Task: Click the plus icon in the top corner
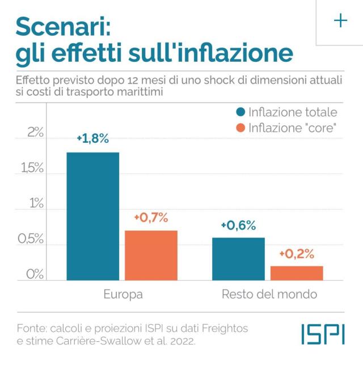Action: click(x=340, y=21)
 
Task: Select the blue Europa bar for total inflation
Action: click(x=92, y=216)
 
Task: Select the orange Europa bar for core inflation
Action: click(x=151, y=255)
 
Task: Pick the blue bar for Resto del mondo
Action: click(x=238, y=258)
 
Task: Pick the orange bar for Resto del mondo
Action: click(x=297, y=273)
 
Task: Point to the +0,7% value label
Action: click(x=151, y=218)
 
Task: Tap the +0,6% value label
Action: click(x=238, y=225)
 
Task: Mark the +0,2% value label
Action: click(x=297, y=253)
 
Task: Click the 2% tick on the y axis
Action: click(x=35, y=133)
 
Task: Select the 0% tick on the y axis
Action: click(x=35, y=274)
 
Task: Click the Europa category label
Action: click(x=123, y=295)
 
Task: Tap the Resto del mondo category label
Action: click(x=269, y=295)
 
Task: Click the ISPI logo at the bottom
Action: click(x=322, y=335)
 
